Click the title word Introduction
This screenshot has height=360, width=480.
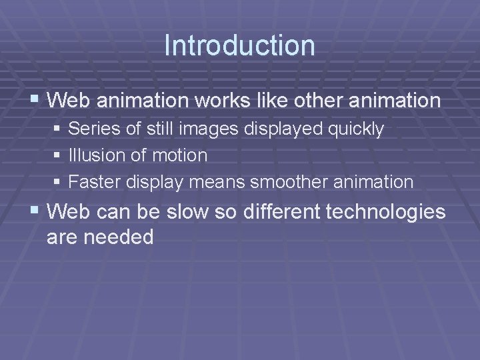(x=239, y=45)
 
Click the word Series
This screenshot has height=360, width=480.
(x=90, y=129)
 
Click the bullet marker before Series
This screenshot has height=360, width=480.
(x=58, y=129)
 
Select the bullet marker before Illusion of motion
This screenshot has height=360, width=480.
(x=58, y=155)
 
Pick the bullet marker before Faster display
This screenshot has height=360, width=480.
(x=58, y=181)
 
